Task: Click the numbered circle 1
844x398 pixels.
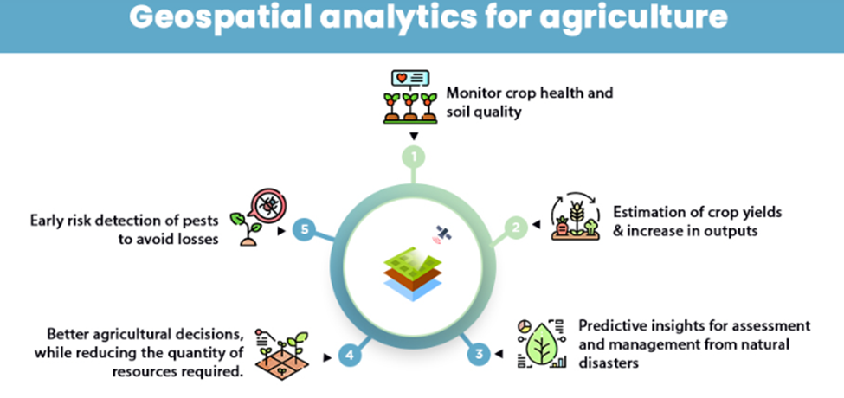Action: [x=414, y=157]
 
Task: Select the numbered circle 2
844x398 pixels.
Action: [x=516, y=228]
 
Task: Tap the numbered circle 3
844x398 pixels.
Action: [x=479, y=354]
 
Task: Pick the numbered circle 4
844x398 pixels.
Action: [x=350, y=356]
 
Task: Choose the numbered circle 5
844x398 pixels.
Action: [x=304, y=229]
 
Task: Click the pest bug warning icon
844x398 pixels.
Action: [x=268, y=207]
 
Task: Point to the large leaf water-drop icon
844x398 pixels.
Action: [x=542, y=343]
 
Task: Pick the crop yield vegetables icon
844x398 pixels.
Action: [x=573, y=217]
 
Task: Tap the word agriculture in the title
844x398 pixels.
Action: [x=635, y=17]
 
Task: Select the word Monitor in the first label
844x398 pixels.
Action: [x=474, y=93]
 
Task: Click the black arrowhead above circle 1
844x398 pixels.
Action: [x=414, y=137]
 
